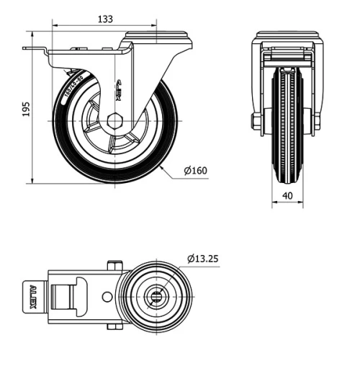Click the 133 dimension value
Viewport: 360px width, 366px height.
point(104,19)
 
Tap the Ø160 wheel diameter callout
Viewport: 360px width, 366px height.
point(195,171)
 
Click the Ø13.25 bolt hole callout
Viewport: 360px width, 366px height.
point(203,258)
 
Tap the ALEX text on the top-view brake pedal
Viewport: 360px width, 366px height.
point(32,296)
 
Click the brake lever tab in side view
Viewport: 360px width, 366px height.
point(32,50)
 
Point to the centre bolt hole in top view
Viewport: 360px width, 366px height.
point(155,296)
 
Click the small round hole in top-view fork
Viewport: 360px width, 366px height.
point(107,296)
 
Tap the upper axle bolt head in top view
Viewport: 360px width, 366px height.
point(112,265)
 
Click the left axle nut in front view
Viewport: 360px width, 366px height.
point(256,122)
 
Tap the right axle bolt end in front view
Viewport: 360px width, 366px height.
point(317,122)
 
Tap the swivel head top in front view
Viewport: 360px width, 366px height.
point(287,35)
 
